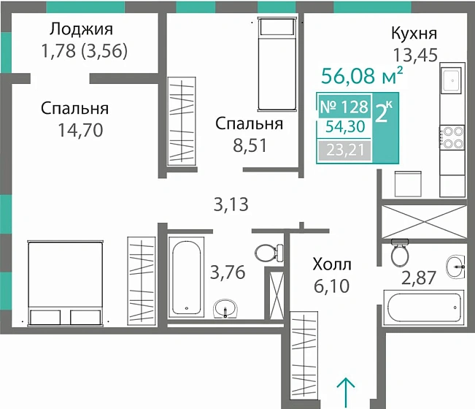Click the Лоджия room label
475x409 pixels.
(82, 30)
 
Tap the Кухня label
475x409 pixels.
(414, 34)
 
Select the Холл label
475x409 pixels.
(331, 264)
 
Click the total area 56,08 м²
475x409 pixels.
(363, 75)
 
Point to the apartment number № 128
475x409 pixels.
(343, 107)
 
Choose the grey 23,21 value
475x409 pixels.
(343, 151)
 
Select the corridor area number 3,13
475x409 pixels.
(231, 204)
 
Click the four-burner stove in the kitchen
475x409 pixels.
(452, 137)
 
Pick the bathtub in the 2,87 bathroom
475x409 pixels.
(424, 304)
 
